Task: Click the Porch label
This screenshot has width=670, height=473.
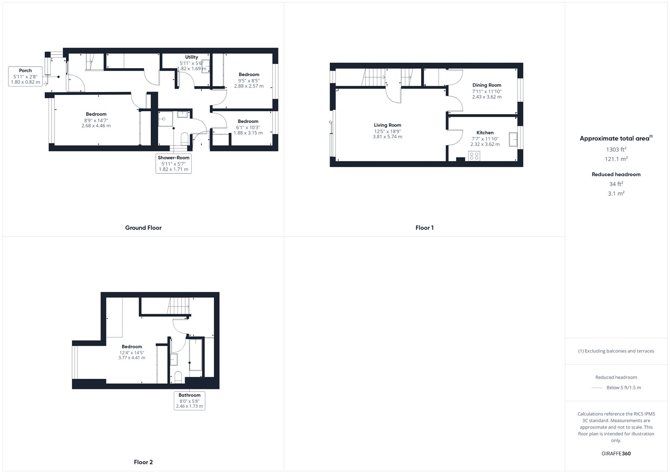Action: [x=25, y=71]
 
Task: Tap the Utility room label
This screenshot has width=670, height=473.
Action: [x=191, y=57]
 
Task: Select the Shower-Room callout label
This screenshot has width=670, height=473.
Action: [x=173, y=158]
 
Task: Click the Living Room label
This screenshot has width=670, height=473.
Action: [x=387, y=125]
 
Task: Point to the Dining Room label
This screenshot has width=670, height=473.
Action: [x=487, y=85]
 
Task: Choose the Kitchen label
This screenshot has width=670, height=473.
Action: [x=485, y=133]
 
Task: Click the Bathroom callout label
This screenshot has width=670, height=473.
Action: [x=189, y=395]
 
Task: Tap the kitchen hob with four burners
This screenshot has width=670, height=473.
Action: [x=474, y=156]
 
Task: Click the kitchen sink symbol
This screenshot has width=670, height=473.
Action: [x=513, y=139]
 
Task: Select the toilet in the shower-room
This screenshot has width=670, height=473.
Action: [x=185, y=139]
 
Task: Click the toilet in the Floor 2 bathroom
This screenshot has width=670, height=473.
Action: [x=178, y=377]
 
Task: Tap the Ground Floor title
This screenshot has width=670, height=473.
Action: [x=143, y=228]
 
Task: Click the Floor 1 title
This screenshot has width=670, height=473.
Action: [x=425, y=228]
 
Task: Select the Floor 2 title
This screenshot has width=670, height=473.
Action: [x=143, y=462]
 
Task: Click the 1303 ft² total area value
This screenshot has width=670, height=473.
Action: [x=616, y=149]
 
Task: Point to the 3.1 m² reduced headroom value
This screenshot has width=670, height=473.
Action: [x=616, y=193]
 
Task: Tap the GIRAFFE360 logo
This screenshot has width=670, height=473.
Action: [x=616, y=453]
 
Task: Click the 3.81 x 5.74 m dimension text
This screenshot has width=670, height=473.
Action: [x=387, y=137]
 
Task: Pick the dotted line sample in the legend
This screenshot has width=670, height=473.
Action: [x=597, y=388]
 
